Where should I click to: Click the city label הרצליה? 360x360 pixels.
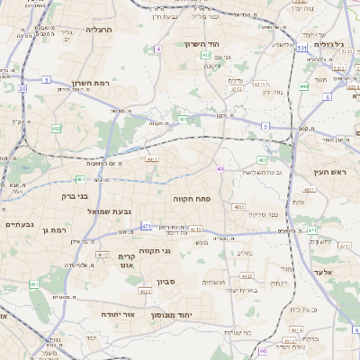click(x=98, y=30)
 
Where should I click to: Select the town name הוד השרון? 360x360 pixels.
click(x=202, y=44)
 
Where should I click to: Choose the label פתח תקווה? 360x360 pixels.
click(x=191, y=195)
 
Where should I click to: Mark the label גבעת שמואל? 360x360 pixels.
click(x=109, y=211)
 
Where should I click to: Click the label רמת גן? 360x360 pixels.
click(x=56, y=230)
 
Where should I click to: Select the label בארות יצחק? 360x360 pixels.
click(x=240, y=290)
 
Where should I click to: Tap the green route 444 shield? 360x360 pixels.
click(x=304, y=86)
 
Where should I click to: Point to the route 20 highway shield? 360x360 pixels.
click(x=22, y=88)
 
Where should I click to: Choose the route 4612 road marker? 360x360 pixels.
click(x=236, y=89)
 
